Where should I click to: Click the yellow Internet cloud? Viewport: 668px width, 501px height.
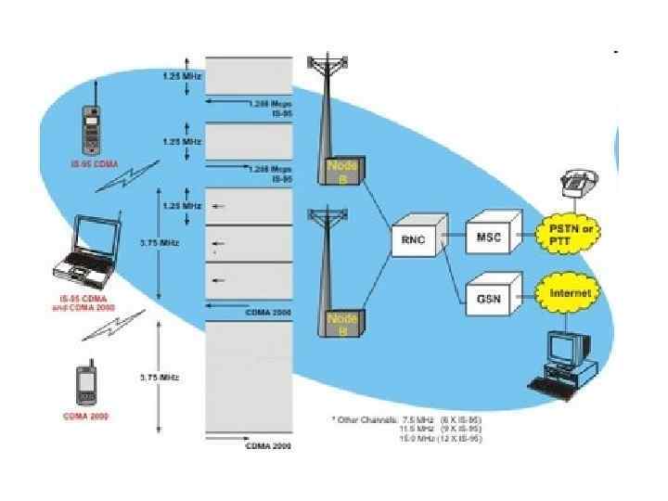(x=570, y=293)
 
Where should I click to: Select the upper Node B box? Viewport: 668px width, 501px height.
(x=343, y=171)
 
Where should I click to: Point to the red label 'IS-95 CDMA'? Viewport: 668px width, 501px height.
(x=84, y=163)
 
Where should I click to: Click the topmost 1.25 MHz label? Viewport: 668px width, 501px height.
(x=182, y=75)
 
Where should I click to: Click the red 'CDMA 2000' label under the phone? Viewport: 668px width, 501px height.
(x=85, y=416)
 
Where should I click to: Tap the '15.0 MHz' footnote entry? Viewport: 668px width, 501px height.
(x=414, y=440)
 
